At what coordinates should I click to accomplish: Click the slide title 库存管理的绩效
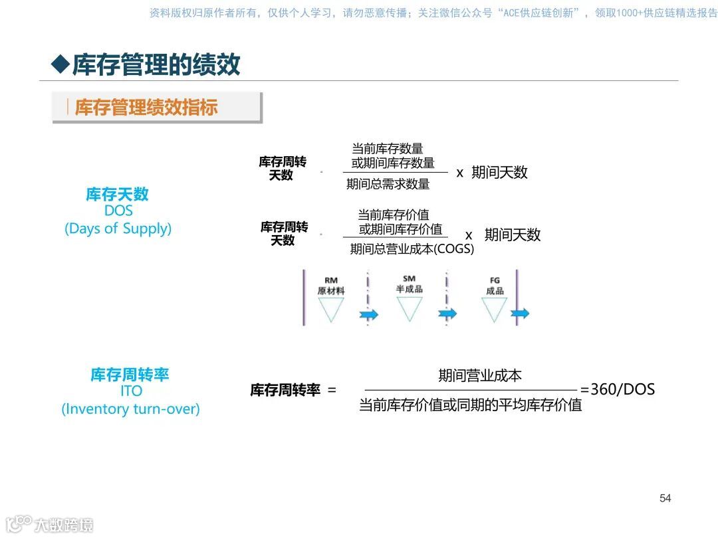tap(156, 64)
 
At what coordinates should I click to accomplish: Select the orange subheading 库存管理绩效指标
tap(146, 108)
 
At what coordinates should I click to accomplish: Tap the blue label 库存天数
tap(117, 194)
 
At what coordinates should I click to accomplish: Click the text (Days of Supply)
tap(118, 228)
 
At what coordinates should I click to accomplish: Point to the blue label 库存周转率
tap(130, 375)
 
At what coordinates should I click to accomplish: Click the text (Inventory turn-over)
tap(130, 408)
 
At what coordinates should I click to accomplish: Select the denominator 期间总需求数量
tap(388, 184)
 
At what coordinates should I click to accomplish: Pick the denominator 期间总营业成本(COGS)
tap(412, 249)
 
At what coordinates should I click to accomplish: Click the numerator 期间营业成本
tap(479, 375)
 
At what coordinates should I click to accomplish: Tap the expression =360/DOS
tap(618, 389)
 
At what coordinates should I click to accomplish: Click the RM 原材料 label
tap(331, 286)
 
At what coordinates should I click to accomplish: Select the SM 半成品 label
tap(409, 284)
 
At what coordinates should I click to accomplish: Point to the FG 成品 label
tap(495, 286)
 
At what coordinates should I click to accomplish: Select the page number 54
tap(665, 498)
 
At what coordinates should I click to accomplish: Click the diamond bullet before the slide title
tap(60, 64)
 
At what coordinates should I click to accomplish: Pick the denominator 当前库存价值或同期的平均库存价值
tap(470, 404)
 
